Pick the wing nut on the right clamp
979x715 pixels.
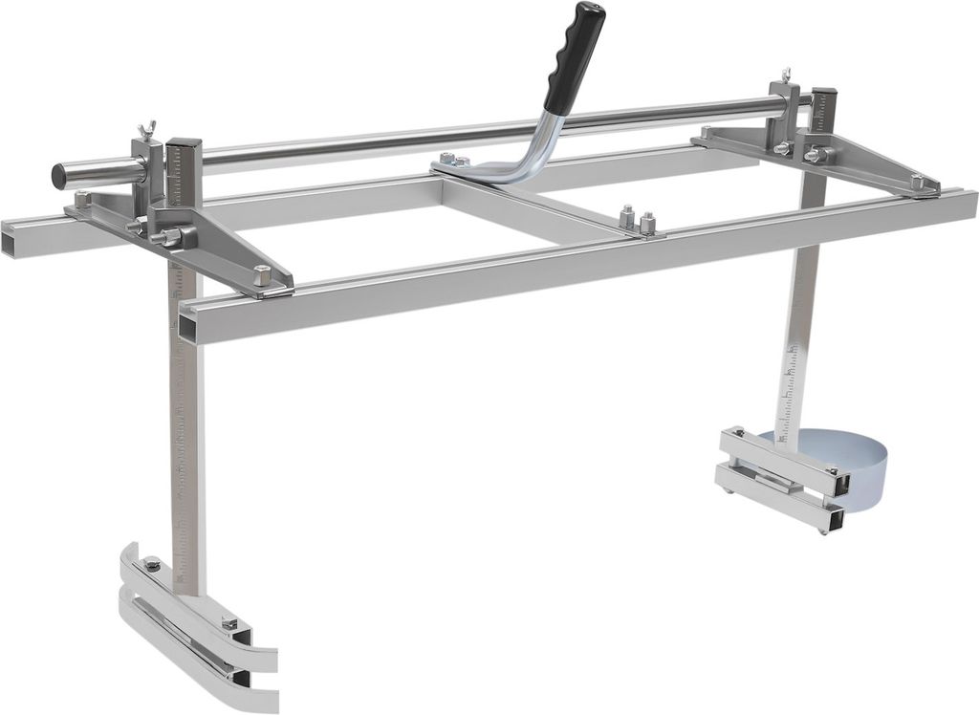[x=786, y=76]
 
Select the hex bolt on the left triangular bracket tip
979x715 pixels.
[x=261, y=275]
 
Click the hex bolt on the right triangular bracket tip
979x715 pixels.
[x=917, y=181]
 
